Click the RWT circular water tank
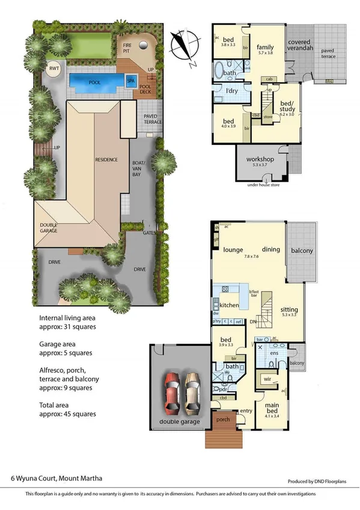click(x=54, y=68)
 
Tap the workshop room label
click(x=259, y=159)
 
